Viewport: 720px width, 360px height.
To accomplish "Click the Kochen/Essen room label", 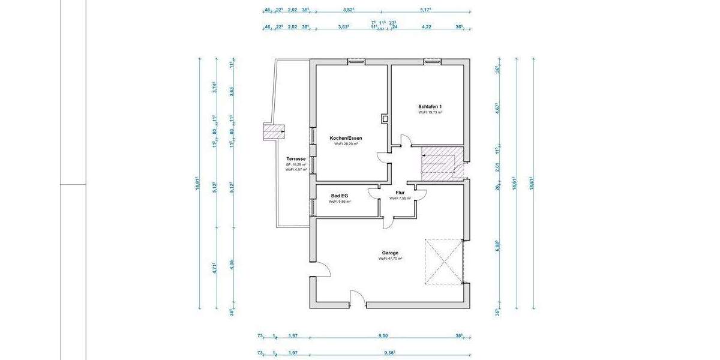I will click(x=346, y=138).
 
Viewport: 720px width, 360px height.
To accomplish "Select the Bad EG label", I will click(x=340, y=196).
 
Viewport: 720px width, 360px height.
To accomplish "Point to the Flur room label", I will click(x=400, y=193).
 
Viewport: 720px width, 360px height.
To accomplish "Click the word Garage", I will click(x=390, y=253).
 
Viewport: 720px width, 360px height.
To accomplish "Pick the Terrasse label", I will click(x=296, y=159).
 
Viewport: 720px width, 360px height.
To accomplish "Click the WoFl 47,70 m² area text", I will click(x=390, y=259).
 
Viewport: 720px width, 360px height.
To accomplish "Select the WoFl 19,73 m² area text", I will click(x=431, y=112).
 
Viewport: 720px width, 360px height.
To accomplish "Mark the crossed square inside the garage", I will click(x=445, y=263).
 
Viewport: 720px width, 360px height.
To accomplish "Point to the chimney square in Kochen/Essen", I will click(x=384, y=118).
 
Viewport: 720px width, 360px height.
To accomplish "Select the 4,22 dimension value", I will click(x=427, y=27).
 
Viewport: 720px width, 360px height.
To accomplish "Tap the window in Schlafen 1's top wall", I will click(x=432, y=61).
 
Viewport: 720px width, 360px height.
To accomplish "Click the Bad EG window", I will click(x=311, y=207).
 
